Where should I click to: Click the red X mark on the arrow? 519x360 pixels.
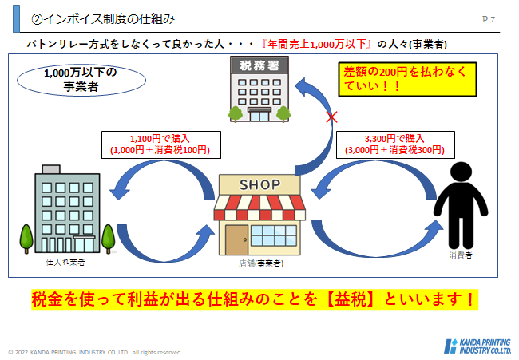coord(331,117)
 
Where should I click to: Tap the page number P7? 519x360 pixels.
coord(488,19)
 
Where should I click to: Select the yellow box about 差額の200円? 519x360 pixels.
coord(407,79)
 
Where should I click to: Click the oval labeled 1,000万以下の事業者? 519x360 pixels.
coord(81,80)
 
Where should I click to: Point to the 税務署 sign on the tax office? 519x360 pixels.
coord(259,65)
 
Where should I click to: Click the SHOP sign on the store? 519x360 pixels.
coord(259,184)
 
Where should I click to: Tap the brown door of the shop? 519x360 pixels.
coord(236,240)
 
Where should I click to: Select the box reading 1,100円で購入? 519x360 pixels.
coord(161,145)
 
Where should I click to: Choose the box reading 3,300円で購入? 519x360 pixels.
coord(395,145)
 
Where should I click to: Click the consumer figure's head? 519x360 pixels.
coord(461,172)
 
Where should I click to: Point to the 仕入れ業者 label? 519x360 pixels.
coord(65,263)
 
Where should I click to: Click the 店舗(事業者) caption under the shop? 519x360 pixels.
coord(261,263)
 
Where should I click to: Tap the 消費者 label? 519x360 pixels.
coord(461,255)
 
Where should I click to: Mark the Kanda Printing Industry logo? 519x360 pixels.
coord(477,346)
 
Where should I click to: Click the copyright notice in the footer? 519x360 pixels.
coord(95,352)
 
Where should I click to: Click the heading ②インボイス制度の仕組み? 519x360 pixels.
coord(103,19)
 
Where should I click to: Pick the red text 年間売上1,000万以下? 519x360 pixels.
coord(317,44)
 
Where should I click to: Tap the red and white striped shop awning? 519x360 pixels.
coord(259,208)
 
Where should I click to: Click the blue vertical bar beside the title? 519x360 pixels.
coord(16,18)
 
